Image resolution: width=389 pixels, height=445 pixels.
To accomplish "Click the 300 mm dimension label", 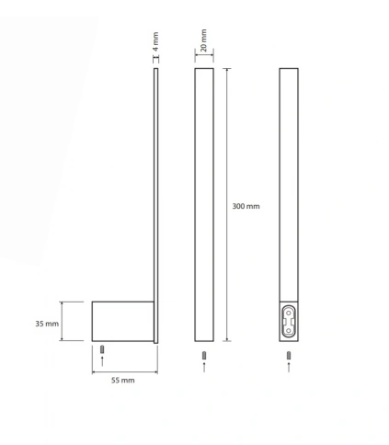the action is pos(246,206).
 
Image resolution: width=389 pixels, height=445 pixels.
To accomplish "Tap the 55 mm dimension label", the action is pos(122,381).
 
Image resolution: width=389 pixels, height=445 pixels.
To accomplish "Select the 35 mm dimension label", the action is pos(47,324).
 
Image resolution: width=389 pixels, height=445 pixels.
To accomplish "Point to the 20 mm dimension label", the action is pos(203,40).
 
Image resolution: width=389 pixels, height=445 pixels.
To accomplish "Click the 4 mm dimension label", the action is pos(155,41).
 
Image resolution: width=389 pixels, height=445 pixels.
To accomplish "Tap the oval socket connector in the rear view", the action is pos(289,322).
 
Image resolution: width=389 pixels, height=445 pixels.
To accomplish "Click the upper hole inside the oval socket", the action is pos(289,313).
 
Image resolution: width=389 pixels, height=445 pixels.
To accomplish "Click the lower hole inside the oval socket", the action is pos(289,330).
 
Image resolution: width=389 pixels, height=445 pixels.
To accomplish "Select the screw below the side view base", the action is pos(102,349).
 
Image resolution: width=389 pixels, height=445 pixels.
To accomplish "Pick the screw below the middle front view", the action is pos(204,356).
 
